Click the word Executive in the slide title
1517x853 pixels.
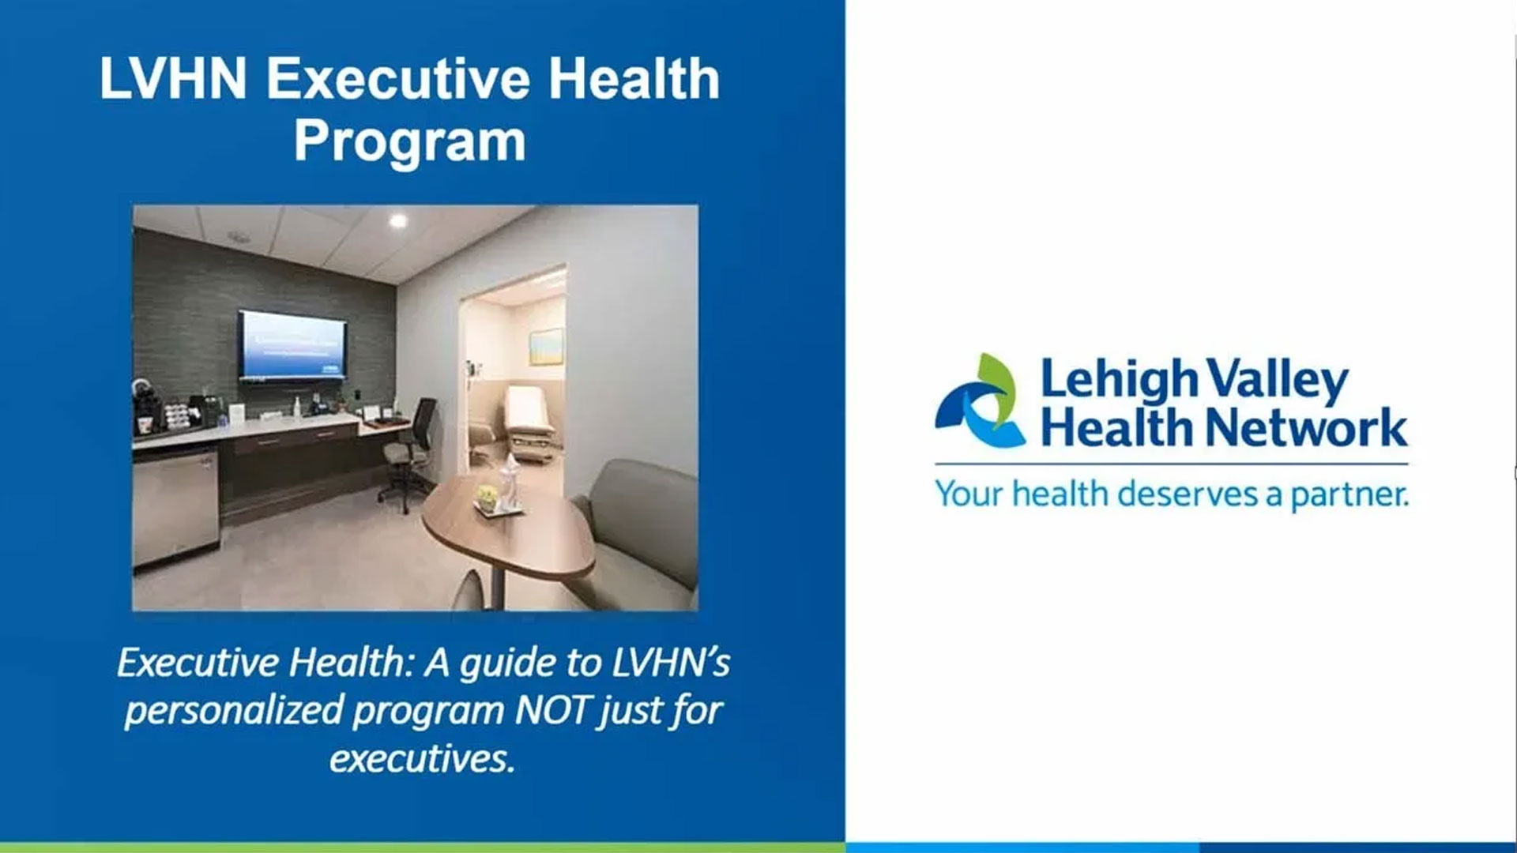pos(398,79)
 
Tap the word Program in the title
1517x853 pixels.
pos(409,143)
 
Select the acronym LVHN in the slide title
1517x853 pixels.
pos(173,79)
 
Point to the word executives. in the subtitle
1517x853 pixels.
pos(422,758)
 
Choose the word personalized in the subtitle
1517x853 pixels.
pos(233,711)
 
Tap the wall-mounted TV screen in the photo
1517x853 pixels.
pos(292,346)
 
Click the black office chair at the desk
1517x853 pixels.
pos(408,452)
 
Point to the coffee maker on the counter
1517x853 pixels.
pos(147,406)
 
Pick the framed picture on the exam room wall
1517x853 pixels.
pos(547,347)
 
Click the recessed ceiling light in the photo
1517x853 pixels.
pos(398,220)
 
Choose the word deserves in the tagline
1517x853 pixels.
pos(1189,494)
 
